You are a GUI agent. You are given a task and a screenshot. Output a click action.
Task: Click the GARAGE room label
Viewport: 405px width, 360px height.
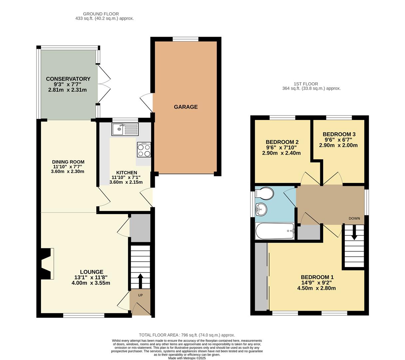tap(186, 107)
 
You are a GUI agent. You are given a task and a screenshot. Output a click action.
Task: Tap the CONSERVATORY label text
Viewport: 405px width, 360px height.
tap(68, 79)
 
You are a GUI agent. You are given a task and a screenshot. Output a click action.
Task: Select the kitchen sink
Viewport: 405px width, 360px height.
tap(125, 129)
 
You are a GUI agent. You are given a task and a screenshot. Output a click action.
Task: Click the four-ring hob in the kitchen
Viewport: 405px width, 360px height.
tap(144, 150)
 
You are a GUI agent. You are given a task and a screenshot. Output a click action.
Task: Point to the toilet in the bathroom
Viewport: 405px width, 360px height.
tap(264, 194)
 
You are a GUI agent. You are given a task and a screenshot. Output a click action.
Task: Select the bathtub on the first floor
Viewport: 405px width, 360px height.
tap(275, 231)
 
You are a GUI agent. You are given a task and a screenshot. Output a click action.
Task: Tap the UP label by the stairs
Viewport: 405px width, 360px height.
tap(140, 295)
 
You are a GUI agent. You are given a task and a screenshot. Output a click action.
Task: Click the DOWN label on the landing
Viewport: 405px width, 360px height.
tap(354, 219)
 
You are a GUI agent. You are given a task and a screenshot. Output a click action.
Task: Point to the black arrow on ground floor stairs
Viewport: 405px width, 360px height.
tap(140, 281)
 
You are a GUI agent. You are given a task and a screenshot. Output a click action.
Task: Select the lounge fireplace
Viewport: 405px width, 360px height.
tap(46, 264)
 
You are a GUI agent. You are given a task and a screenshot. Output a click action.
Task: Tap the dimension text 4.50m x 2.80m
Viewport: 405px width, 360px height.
tap(316, 288)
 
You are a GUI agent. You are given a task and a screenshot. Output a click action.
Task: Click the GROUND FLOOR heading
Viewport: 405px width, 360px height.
tap(101, 14)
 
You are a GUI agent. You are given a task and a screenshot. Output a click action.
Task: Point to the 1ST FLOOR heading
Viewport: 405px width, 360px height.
tap(306, 84)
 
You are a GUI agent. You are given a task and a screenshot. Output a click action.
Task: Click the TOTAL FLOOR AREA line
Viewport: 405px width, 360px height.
tap(187, 335)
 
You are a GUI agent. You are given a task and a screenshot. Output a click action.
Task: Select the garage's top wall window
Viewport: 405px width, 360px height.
tap(186, 39)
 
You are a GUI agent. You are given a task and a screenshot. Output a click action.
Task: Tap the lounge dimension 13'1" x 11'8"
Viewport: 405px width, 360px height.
tap(91, 277)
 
